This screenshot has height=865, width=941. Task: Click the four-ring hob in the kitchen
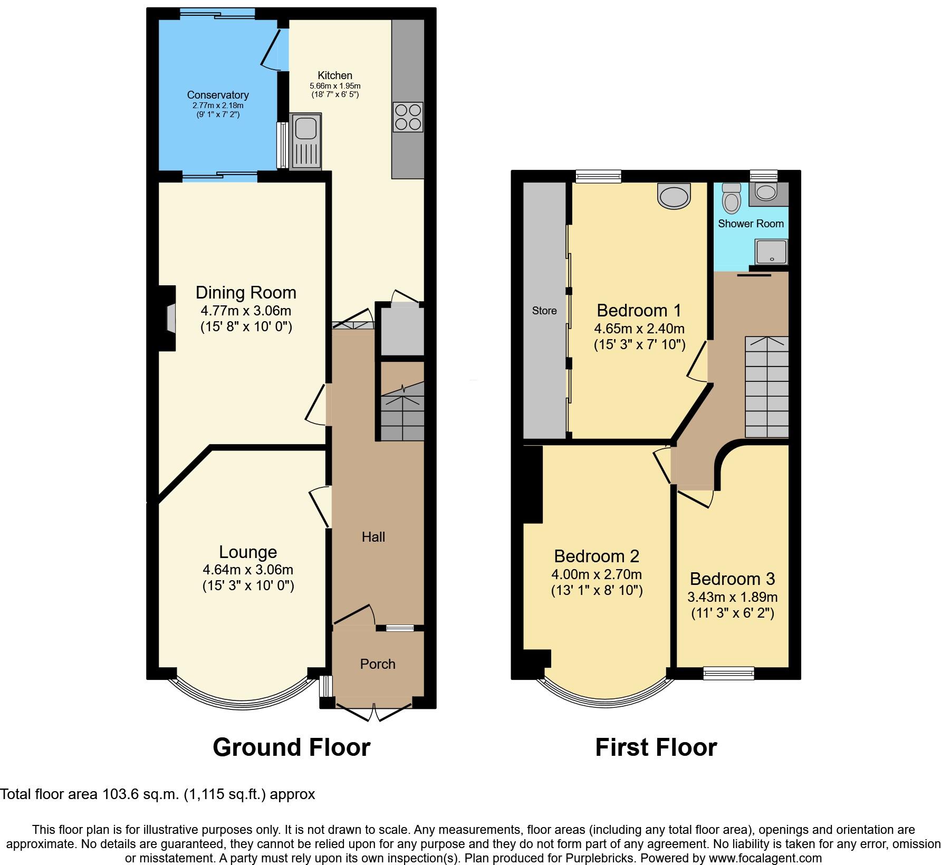click(x=408, y=117)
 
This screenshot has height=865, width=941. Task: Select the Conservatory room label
click(x=218, y=95)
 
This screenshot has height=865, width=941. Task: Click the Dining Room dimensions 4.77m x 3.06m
click(x=246, y=311)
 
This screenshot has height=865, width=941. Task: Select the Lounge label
click(x=248, y=552)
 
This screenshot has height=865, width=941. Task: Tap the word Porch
click(x=378, y=664)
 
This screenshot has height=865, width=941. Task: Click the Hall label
click(x=373, y=537)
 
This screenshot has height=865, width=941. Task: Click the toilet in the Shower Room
click(x=732, y=199)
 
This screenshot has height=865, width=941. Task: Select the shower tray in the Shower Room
click(x=772, y=251)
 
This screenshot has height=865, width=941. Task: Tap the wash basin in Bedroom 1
click(x=674, y=196)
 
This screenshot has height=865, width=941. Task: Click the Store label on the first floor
click(x=544, y=311)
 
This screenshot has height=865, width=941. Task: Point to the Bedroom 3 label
click(x=732, y=579)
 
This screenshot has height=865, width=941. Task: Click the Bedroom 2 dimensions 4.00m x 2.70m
click(x=597, y=574)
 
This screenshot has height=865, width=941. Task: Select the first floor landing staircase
click(x=766, y=387)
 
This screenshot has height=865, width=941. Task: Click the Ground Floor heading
click(x=291, y=747)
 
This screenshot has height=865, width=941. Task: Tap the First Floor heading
click(x=656, y=747)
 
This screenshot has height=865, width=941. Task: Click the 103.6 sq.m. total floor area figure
click(x=138, y=794)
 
